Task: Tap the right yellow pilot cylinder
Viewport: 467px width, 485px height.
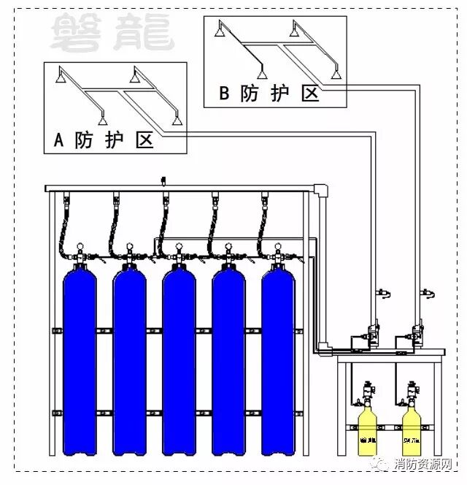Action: (414, 431)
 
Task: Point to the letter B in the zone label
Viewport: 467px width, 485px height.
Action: (225, 93)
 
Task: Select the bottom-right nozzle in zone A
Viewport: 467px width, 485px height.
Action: (175, 119)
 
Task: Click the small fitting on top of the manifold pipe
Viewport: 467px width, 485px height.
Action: (163, 180)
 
